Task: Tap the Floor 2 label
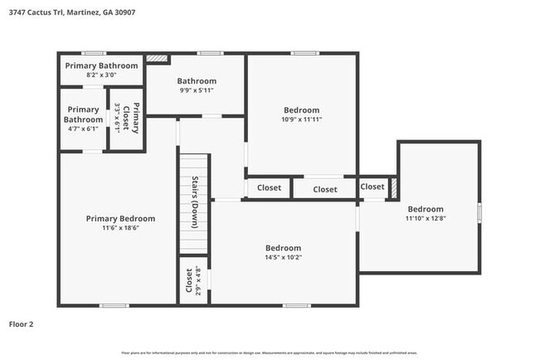[21, 324]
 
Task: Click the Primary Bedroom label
[120, 219]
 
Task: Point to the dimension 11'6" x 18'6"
[120, 229]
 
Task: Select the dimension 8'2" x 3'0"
[100, 75]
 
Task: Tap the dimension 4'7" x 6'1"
[83, 129]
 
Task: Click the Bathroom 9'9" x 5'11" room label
[197, 81]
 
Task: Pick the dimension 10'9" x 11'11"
[301, 120]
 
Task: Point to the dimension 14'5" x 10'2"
[283, 257]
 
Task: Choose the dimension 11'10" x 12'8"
[425, 219]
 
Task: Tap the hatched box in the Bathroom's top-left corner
[157, 59]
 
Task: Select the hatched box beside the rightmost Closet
[395, 187]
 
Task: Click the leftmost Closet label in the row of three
[269, 188]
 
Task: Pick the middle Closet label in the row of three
[325, 189]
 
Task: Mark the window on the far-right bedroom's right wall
[479, 212]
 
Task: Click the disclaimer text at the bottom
[269, 353]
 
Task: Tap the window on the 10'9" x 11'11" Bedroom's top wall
[304, 54]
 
